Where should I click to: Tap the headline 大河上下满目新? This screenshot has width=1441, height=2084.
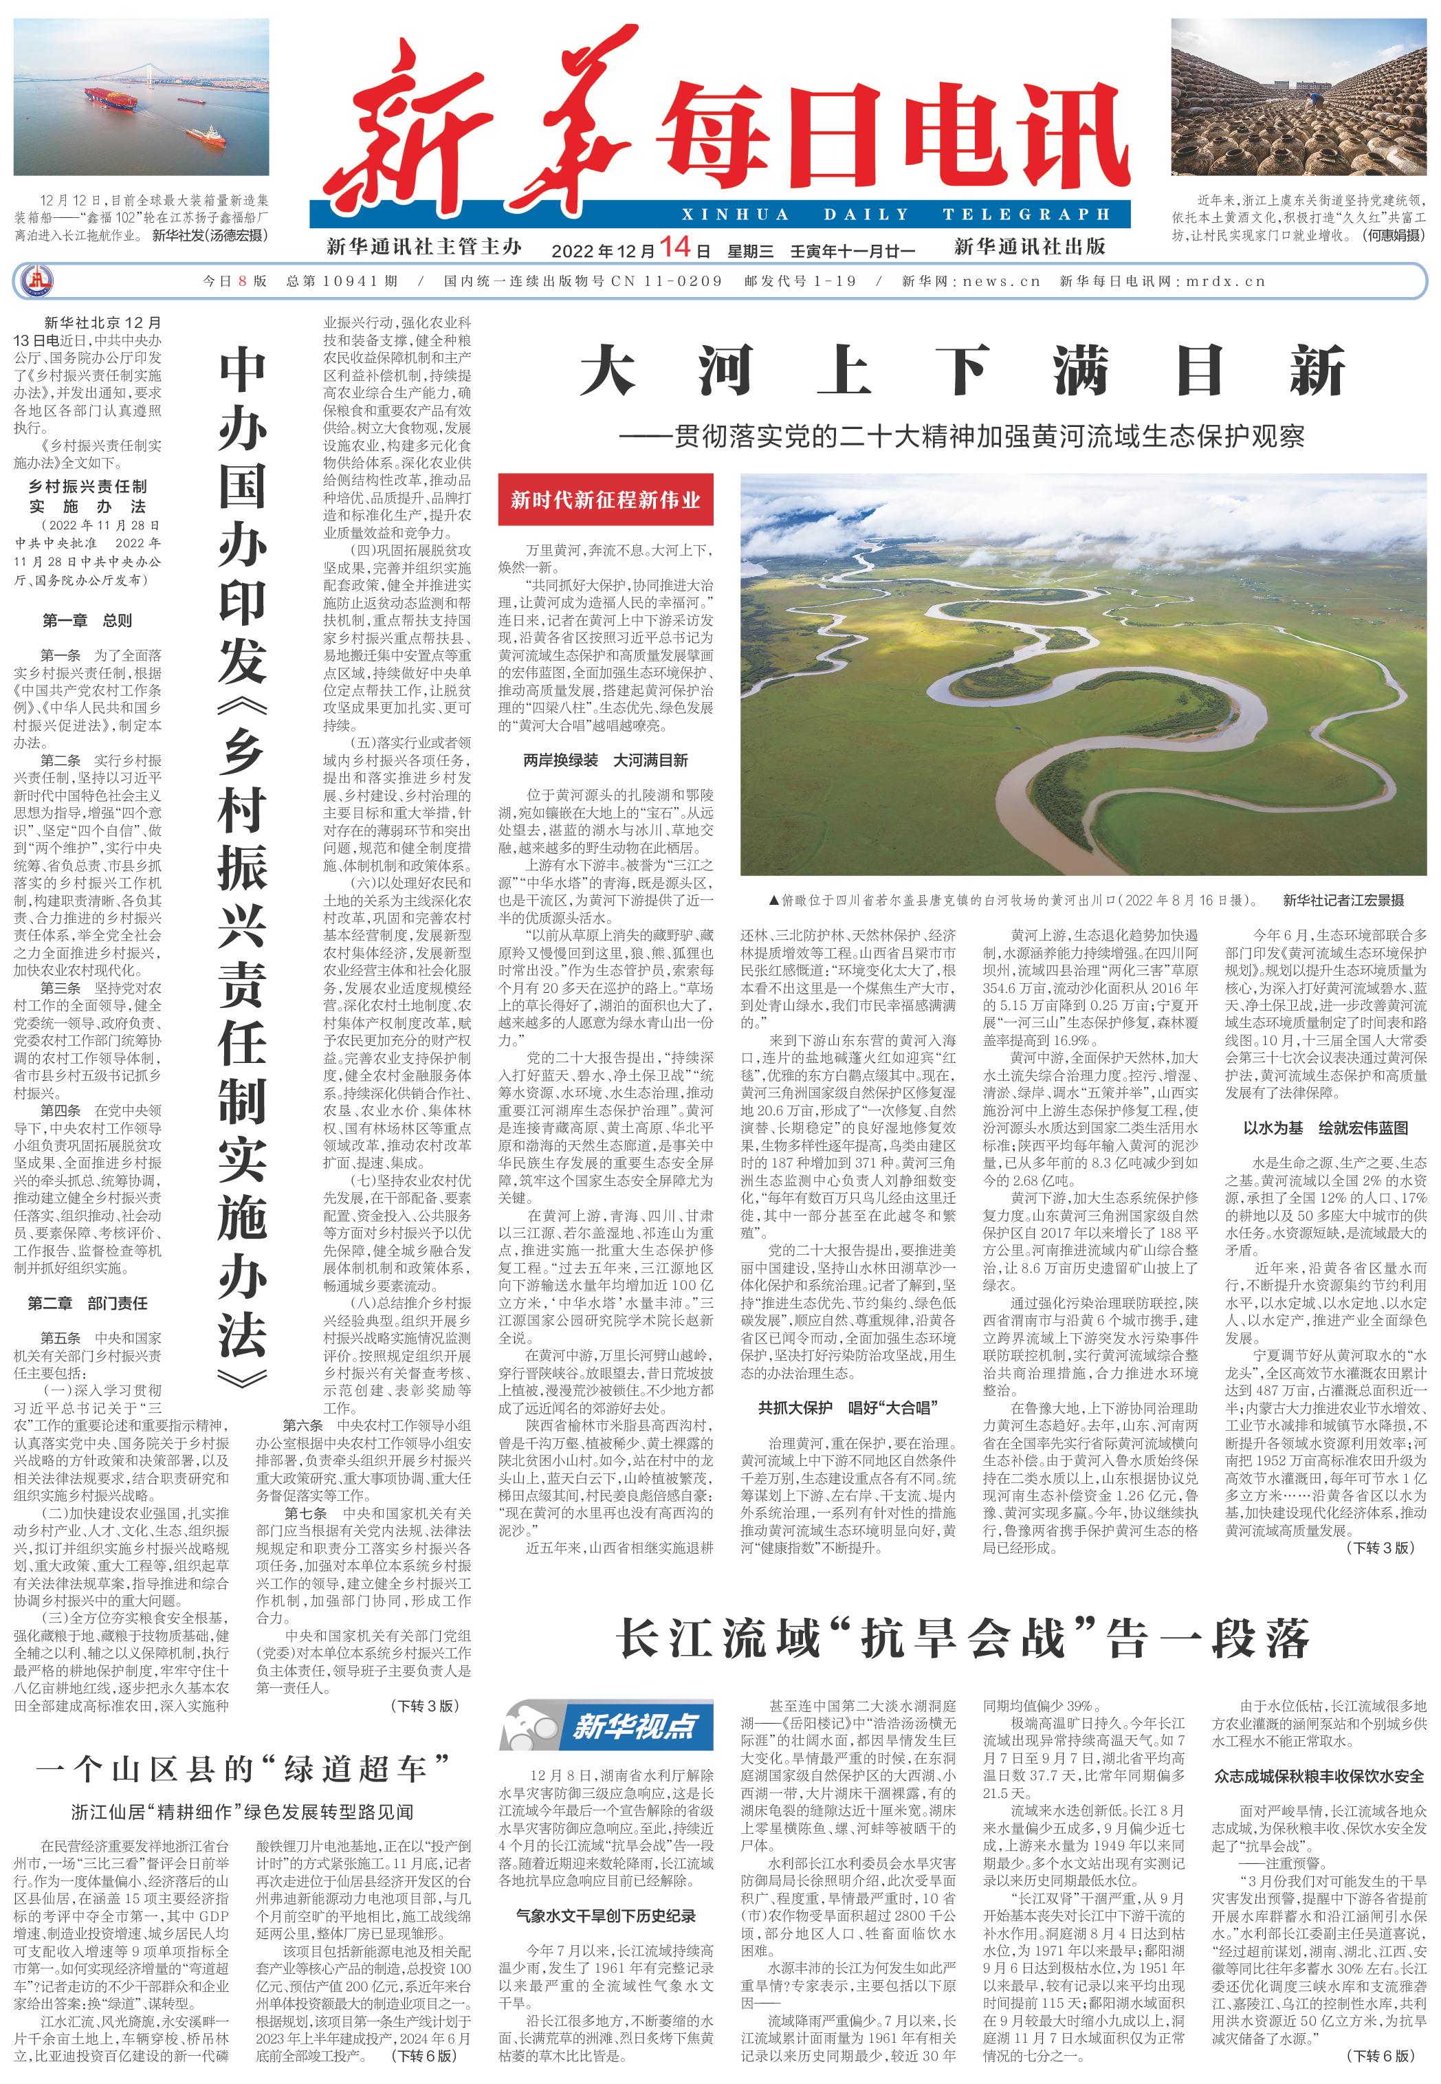pos(962,372)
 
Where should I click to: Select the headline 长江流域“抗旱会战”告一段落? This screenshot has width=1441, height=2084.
pos(962,1639)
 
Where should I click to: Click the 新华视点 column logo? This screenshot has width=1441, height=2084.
pos(607,1726)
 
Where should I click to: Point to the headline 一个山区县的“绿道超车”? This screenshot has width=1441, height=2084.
pos(242,1767)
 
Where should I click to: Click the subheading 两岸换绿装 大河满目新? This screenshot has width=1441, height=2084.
pos(605,760)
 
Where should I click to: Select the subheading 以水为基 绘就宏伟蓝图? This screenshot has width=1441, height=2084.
pos(1325,1128)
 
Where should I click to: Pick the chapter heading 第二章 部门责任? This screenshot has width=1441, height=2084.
pos(87,1303)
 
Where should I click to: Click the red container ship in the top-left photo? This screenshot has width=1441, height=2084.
pos(118,98)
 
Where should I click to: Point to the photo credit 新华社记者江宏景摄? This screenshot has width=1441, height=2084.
pos(1343,900)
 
